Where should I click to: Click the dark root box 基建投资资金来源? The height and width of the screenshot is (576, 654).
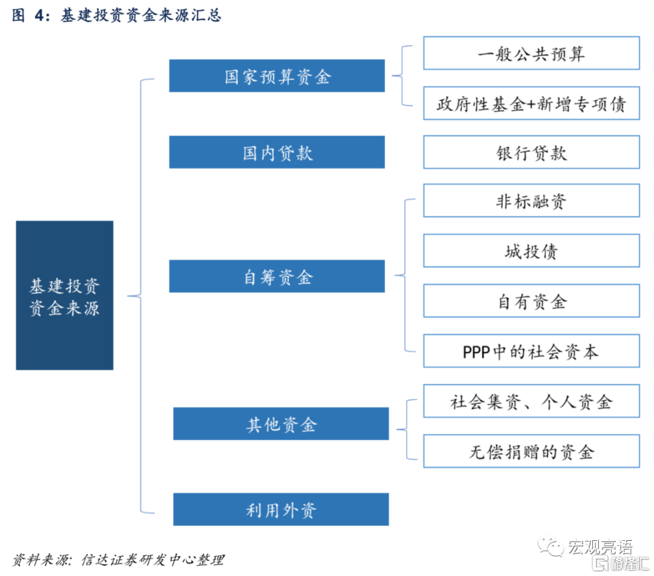(x=64, y=296)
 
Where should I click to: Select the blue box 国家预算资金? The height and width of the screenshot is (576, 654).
(x=277, y=76)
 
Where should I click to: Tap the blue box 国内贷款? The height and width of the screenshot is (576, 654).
(x=277, y=153)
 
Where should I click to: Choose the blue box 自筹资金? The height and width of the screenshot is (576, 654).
(x=277, y=277)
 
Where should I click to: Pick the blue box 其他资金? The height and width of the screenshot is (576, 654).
(x=281, y=424)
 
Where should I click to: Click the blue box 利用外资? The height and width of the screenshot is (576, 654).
(x=281, y=509)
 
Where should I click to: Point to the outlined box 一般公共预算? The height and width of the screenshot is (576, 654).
(x=531, y=53)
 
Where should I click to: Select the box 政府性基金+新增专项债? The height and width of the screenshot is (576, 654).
(x=531, y=104)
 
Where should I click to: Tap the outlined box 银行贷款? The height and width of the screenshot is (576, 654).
(x=531, y=153)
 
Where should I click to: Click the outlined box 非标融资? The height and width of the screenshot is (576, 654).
(x=531, y=201)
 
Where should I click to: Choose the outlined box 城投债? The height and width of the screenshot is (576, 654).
(x=531, y=251)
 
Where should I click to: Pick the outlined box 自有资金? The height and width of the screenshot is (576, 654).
(x=531, y=301)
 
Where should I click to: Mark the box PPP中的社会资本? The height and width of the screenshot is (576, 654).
(x=531, y=351)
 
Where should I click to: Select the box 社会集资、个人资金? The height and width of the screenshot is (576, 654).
(x=531, y=401)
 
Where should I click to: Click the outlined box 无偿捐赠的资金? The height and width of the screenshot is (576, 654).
(x=531, y=451)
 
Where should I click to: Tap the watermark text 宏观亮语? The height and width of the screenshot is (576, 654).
(x=599, y=548)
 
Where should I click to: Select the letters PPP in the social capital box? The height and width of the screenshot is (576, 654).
(x=475, y=352)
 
